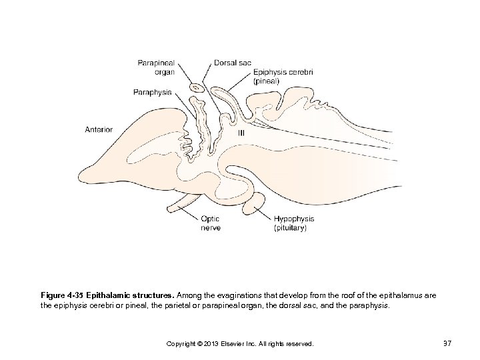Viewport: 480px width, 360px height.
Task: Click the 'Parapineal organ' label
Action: tap(156, 67)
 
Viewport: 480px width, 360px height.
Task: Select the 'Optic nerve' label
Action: tap(210, 223)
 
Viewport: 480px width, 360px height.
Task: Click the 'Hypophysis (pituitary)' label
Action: tap(294, 223)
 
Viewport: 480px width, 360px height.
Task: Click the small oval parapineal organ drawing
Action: tap(197, 87)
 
